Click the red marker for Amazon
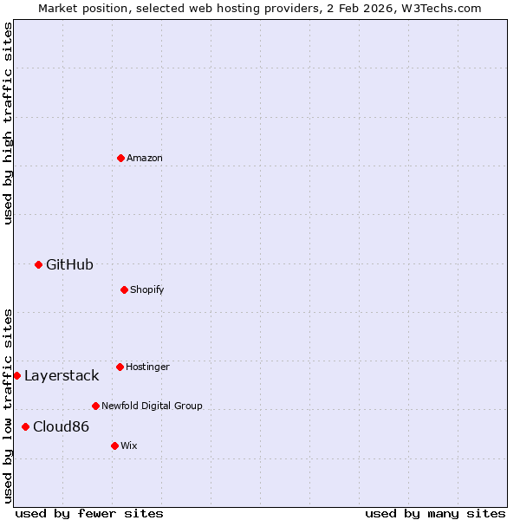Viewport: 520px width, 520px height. pos(120,158)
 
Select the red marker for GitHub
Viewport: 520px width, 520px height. pos(38,264)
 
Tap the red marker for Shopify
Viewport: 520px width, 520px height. pos(124,289)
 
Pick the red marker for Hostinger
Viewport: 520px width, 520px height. pos(120,367)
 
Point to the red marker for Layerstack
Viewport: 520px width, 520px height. pos(16,375)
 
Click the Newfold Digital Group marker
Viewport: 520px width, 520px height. pos(95,406)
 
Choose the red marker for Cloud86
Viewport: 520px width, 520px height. pos(25,426)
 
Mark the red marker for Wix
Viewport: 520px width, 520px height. pos(114,445)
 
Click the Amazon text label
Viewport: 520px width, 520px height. pos(145,158)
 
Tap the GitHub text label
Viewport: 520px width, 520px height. pos(69,264)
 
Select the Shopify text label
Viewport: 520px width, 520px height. pos(147,289)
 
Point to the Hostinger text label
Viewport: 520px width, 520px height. pos(148,367)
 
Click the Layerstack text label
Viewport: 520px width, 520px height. pos(62,375)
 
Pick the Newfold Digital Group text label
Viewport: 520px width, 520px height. pos(152,406)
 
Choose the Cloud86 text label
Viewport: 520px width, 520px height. pos(61,426)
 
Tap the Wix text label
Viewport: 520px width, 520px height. pos(129,445)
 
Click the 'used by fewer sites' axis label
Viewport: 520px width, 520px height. pos(89,513)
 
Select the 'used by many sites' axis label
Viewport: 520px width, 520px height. pos(435,513)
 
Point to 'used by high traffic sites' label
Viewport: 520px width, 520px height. pos(8,123)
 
